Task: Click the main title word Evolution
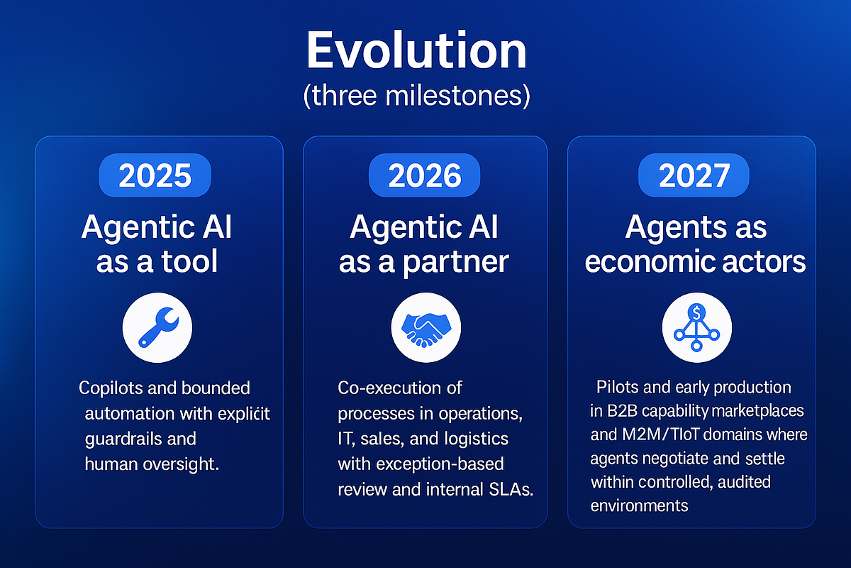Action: [x=416, y=51]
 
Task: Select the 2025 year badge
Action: [x=155, y=175]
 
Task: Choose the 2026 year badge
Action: [x=424, y=175]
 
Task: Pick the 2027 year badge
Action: [x=694, y=175]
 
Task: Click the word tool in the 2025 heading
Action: [x=188, y=262]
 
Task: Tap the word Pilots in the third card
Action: [x=616, y=388]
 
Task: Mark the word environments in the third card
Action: [x=639, y=506]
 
